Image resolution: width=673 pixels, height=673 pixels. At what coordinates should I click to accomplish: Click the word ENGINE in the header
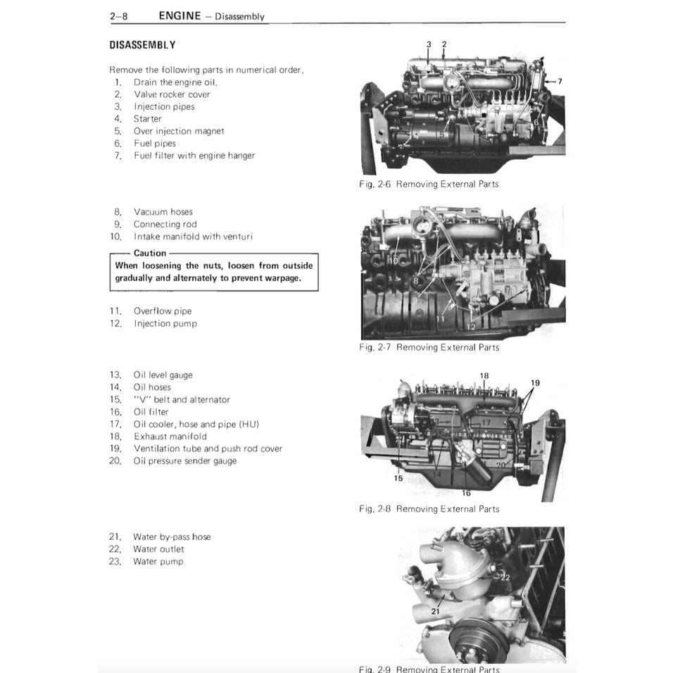180,15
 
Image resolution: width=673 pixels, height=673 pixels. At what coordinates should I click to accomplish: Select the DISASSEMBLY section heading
142,45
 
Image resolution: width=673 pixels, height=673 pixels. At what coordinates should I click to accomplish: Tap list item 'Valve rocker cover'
172,94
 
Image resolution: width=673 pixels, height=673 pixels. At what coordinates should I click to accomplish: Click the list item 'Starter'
148,119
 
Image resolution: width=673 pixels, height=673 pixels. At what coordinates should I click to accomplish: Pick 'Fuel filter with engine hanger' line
194,156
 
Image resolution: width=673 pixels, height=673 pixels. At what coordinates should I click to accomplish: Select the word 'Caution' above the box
150,253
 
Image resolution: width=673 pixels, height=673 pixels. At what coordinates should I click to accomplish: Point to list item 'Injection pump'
165,324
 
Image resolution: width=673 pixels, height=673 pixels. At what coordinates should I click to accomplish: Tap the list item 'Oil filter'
151,412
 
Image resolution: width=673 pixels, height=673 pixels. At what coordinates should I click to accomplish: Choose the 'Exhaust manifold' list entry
170,436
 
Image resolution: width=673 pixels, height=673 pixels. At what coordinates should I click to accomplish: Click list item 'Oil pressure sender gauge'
185,461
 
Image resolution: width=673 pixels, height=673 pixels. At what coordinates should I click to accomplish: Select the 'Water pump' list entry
158,562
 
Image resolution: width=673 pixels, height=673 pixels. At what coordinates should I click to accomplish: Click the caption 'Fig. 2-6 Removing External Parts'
429,184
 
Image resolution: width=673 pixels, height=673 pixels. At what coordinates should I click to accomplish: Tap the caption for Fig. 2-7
429,348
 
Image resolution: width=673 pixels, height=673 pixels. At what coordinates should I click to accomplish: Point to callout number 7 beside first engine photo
560,82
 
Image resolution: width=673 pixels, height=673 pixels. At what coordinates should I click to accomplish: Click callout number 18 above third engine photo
484,376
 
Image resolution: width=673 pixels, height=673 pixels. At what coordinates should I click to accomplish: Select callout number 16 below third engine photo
466,493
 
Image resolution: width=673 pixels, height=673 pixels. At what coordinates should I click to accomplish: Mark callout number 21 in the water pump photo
435,611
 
